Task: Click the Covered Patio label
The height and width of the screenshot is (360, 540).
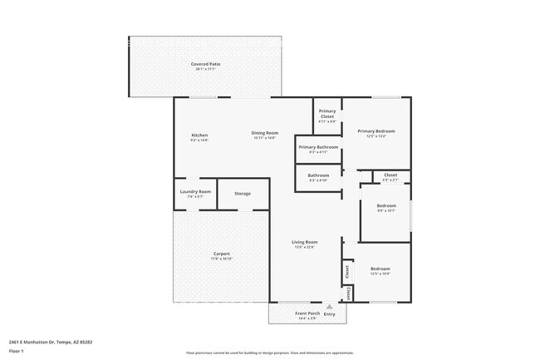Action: point(205,64)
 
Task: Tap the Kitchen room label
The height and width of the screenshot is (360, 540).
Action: point(199,135)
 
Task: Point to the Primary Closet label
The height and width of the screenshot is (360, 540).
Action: point(327,114)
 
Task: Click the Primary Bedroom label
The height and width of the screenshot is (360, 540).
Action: point(376,131)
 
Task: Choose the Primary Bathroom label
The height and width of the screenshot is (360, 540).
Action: point(318,148)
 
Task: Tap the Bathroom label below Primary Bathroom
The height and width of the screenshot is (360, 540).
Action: point(318,175)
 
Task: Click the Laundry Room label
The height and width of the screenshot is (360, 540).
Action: point(195,192)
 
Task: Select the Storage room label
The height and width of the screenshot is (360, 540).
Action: point(242,193)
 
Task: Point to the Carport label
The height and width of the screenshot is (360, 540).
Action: point(221,254)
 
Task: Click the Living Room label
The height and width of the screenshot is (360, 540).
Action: point(305,242)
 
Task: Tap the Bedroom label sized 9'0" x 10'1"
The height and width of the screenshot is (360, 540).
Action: point(386,205)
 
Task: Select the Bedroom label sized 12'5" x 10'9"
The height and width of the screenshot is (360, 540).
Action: point(380,269)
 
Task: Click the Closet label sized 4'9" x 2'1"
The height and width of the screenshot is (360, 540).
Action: point(390,175)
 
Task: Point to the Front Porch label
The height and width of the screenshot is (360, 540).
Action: point(307,313)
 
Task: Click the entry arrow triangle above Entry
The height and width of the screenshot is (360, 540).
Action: point(329,306)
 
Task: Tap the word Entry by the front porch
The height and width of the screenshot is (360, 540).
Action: point(330,314)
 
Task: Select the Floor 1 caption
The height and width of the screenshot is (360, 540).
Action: point(16,353)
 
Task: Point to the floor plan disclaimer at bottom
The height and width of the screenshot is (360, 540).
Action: point(269,353)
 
